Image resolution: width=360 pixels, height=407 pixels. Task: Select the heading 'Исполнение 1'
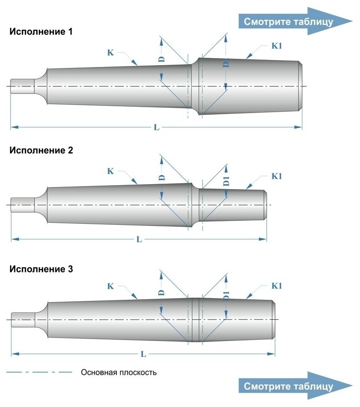pyautogui.click(x=41, y=32)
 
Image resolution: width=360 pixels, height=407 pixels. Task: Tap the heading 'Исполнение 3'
pyautogui.click(x=41, y=270)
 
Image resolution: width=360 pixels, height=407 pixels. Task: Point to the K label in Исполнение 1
pyautogui.click(x=110, y=52)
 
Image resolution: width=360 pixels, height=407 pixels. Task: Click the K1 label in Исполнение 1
pyautogui.click(x=277, y=46)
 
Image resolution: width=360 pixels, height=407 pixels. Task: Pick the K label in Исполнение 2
pyautogui.click(x=110, y=171)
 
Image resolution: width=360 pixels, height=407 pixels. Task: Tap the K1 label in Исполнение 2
pyautogui.click(x=277, y=176)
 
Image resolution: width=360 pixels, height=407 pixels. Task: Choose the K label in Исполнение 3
pyautogui.click(x=110, y=286)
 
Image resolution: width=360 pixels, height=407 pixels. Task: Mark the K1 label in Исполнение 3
pyautogui.click(x=277, y=286)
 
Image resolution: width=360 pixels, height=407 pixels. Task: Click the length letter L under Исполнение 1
pyautogui.click(x=156, y=128)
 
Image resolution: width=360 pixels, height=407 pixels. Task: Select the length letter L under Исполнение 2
pyautogui.click(x=139, y=239)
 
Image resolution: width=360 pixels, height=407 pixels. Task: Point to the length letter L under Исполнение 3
pyautogui.click(x=143, y=354)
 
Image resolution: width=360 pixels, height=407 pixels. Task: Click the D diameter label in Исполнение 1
pyautogui.click(x=161, y=59)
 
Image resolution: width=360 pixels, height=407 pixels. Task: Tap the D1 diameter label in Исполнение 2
pyautogui.click(x=226, y=181)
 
